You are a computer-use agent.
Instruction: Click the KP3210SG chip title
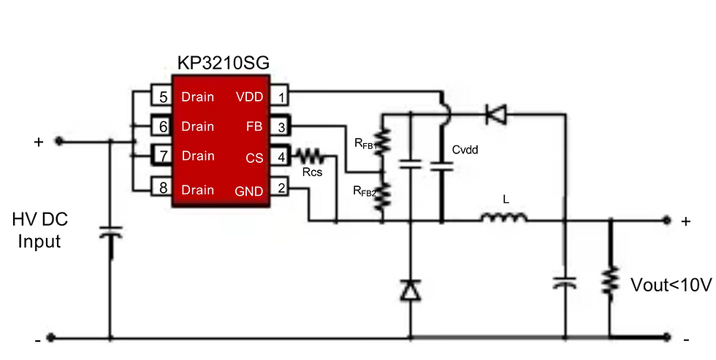[224, 63]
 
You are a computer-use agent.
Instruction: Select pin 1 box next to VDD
[280, 96]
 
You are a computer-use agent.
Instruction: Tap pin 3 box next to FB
[280, 126]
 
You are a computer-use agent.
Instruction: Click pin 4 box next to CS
[280, 156]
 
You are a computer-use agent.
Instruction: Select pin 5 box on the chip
[161, 96]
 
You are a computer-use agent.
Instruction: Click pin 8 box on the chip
[161, 188]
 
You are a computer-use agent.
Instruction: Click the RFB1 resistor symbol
[383, 141]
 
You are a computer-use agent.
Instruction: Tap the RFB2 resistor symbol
[383, 195]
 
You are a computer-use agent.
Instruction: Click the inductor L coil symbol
[504, 218]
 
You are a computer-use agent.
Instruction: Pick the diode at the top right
[496, 114]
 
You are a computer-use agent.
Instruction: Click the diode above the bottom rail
[410, 290]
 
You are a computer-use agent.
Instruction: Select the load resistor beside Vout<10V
[610, 282]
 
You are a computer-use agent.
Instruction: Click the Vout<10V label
[671, 286]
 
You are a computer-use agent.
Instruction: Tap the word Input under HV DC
[39, 241]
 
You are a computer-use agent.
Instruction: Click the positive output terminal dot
[666, 221]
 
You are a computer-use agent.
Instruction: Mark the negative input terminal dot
[51, 338]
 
